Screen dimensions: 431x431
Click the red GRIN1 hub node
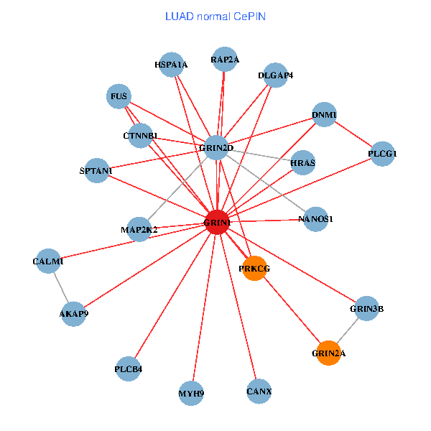tap(217, 223)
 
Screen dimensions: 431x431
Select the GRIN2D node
tap(216, 148)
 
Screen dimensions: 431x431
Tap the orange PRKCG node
tap(254, 268)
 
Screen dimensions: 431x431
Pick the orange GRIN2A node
tap(328, 353)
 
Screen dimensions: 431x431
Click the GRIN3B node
tap(366, 309)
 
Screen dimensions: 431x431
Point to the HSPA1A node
tap(170, 65)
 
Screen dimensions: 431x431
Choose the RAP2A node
tap(225, 60)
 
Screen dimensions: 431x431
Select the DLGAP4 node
tap(276, 75)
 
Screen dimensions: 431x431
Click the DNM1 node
tap(324, 115)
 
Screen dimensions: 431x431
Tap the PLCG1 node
tap(383, 154)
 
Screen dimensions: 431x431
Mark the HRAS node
tap(302, 163)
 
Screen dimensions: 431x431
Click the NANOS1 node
tap(316, 218)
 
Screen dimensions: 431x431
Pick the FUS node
tap(119, 96)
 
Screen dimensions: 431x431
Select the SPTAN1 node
tap(96, 171)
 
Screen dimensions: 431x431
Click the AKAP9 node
tap(73, 313)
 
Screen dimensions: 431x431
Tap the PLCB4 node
tap(129, 369)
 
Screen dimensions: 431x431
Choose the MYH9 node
tap(191, 393)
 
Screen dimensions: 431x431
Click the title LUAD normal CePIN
tap(215, 16)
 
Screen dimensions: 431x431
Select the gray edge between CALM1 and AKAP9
tap(60, 287)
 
